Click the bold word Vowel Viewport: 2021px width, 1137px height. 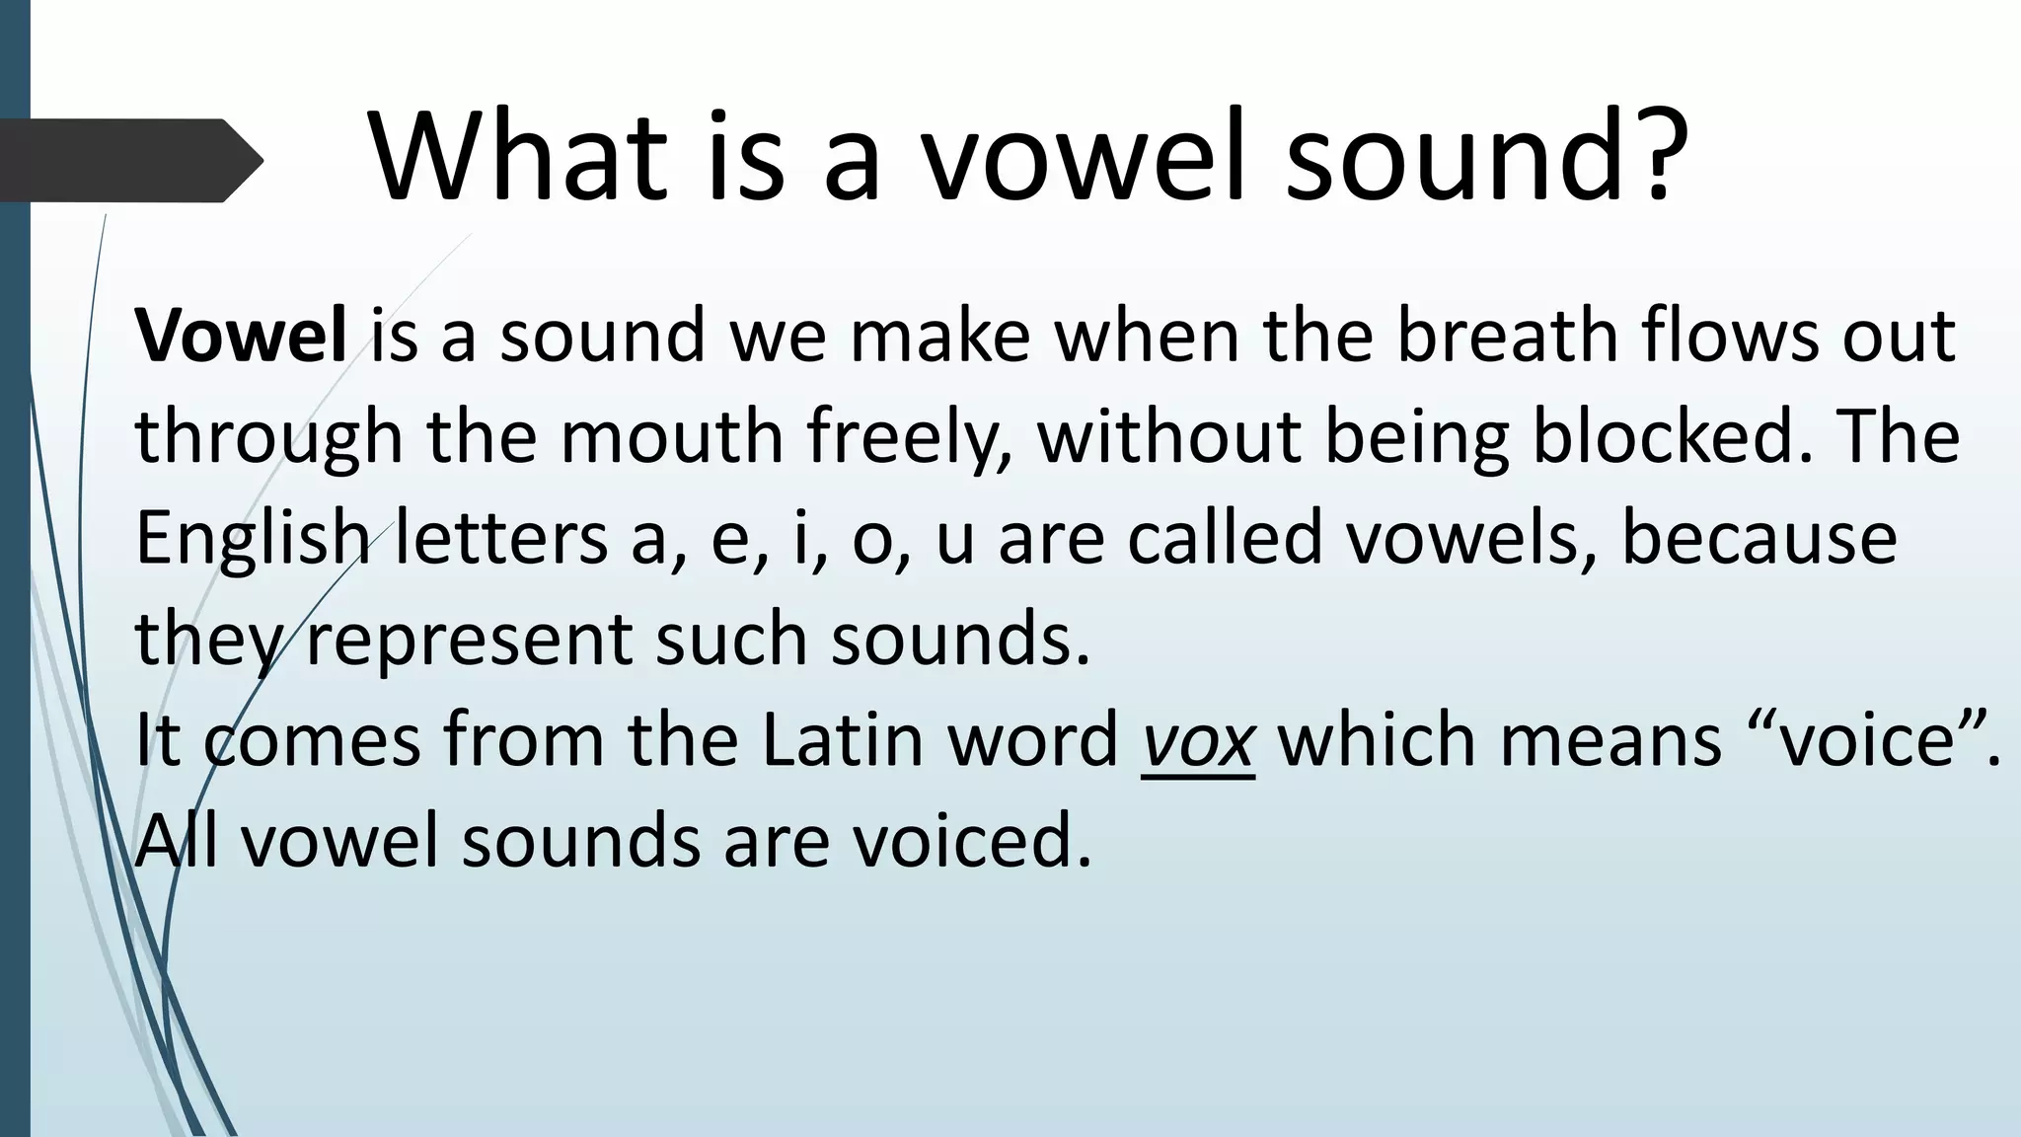click(241, 336)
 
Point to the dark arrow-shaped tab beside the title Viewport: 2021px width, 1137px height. click(128, 160)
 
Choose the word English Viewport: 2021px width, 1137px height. click(252, 539)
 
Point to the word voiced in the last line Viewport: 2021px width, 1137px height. click(972, 841)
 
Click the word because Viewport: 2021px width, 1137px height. click(1759, 538)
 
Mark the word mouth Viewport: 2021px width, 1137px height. click(671, 436)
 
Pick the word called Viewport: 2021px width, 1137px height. click(1225, 538)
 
